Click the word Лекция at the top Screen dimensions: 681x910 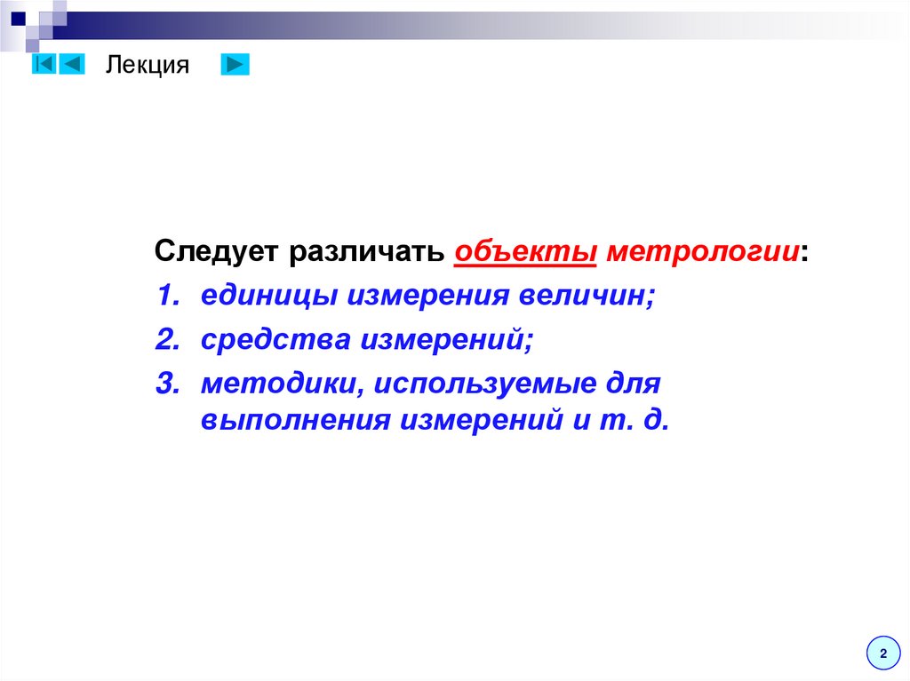tap(148, 66)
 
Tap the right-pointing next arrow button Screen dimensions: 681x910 tap(235, 65)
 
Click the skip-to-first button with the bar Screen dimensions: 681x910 tap(44, 65)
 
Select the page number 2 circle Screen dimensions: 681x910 tap(882, 653)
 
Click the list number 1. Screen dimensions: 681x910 tap(165, 296)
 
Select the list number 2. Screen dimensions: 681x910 tap(165, 339)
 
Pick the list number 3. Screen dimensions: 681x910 tap(165, 384)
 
